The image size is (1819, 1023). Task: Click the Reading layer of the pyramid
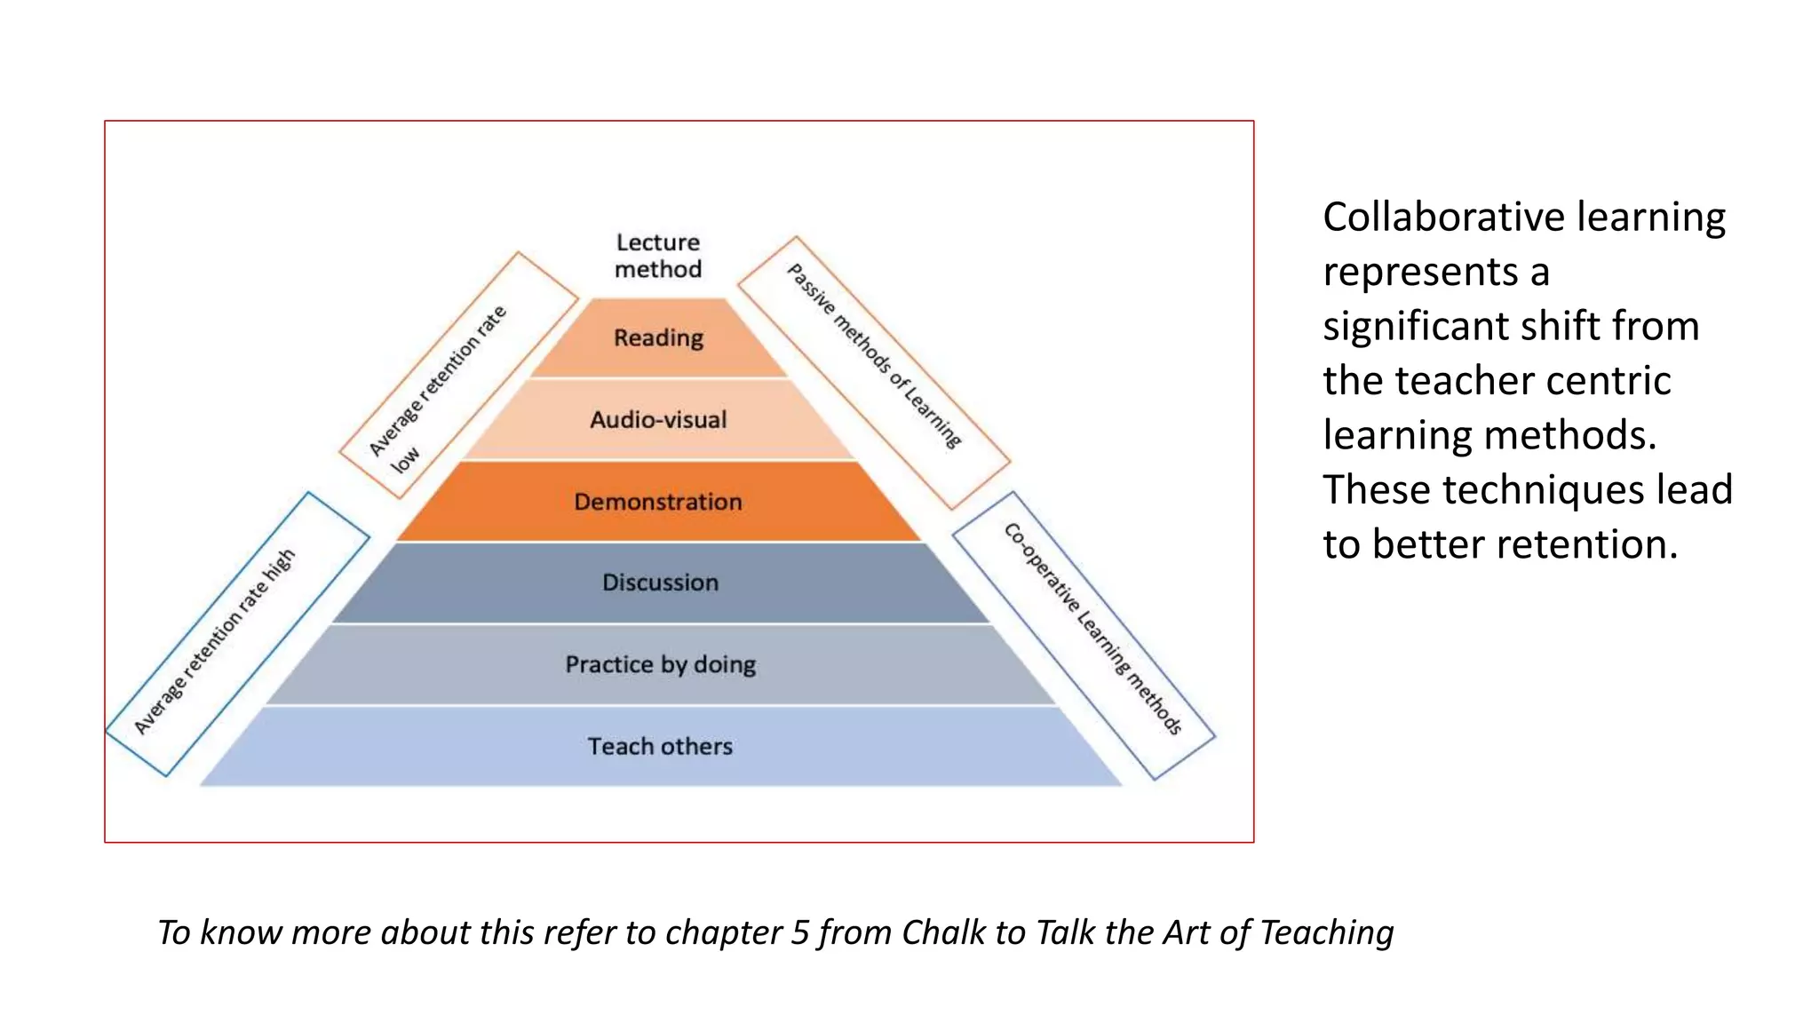coord(658,338)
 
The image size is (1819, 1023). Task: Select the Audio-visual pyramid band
coord(658,419)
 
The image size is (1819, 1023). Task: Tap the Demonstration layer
coord(658,502)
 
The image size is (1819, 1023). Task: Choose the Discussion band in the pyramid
coord(660,583)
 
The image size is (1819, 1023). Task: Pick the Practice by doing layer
coord(660,664)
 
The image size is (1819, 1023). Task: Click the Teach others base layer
coord(660,746)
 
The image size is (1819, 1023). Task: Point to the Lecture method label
coord(658,256)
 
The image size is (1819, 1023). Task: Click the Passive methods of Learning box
coord(874,373)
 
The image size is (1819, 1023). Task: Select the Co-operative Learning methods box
coord(1084,635)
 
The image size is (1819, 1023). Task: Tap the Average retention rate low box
coord(458,375)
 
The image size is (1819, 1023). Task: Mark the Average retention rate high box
coord(237,634)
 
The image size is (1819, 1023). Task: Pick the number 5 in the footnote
coord(799,932)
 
